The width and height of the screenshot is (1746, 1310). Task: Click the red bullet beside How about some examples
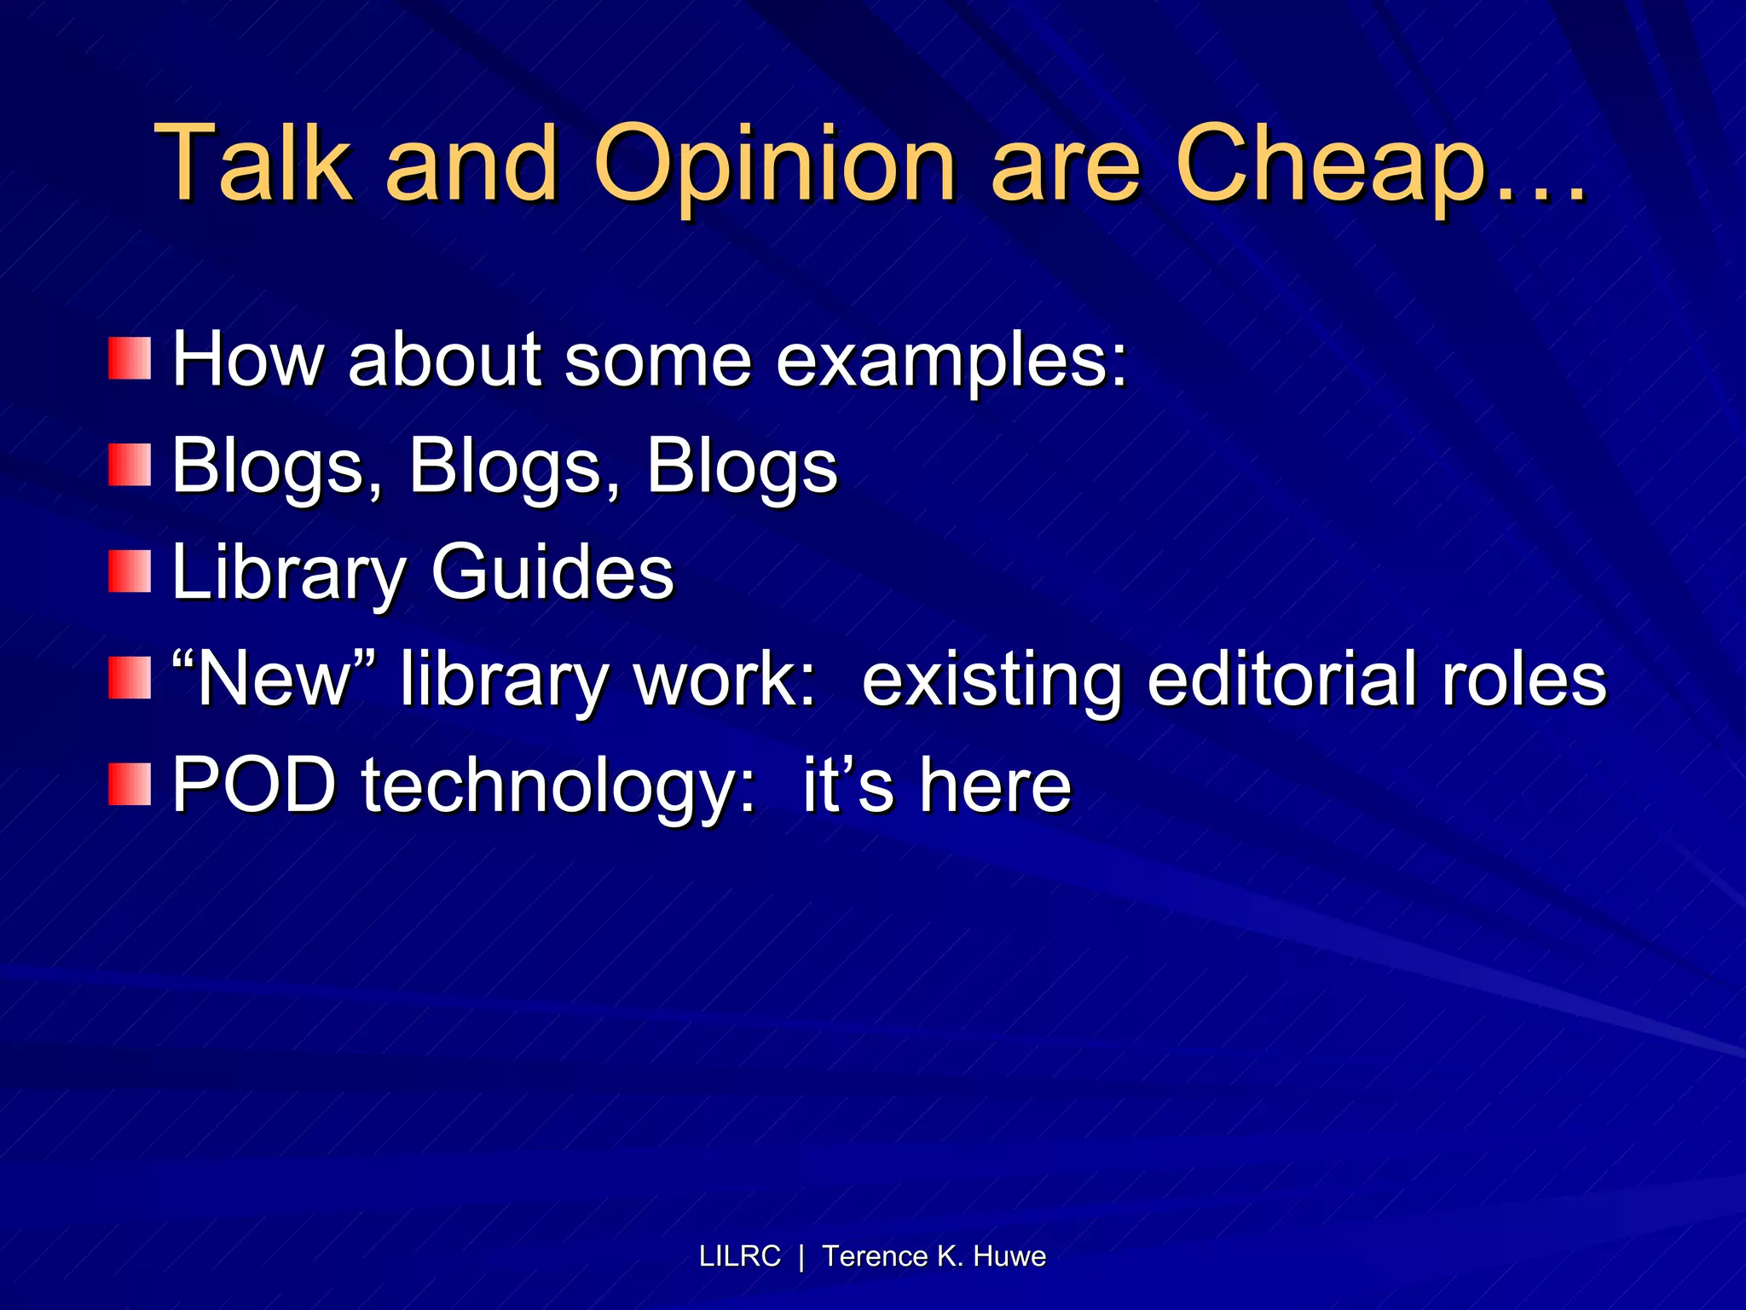coord(130,358)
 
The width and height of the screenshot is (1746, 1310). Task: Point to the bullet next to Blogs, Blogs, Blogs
coord(130,465)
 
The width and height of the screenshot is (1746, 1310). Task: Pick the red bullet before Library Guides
coord(130,571)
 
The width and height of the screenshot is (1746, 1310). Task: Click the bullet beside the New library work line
coord(130,678)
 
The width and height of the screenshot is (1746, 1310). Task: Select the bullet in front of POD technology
coord(130,784)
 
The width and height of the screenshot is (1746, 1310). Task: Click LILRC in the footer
coord(739,1256)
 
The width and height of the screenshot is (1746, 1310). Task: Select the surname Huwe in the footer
coord(1009,1256)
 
